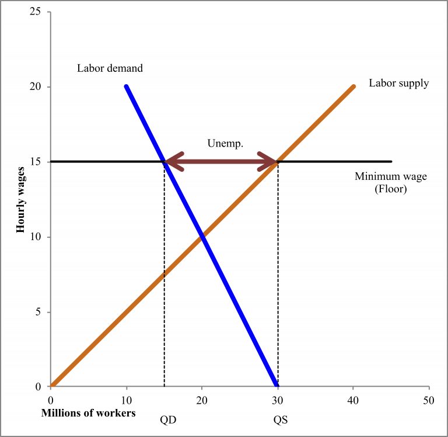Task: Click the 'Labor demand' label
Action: [110, 68]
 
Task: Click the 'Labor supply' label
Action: [398, 83]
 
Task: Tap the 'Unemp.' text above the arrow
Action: [221, 143]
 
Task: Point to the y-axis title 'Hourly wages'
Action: [21, 199]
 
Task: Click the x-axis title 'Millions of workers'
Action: [87, 413]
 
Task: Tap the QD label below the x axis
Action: [164, 419]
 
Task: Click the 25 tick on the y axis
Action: [42, 12]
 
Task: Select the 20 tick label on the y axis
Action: [42, 87]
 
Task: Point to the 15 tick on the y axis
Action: [42, 162]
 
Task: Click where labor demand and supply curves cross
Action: [202, 237]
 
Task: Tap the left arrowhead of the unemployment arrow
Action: [171, 162]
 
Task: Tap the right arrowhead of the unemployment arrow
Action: [271, 162]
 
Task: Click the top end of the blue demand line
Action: [126, 87]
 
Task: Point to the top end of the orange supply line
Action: [353, 87]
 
